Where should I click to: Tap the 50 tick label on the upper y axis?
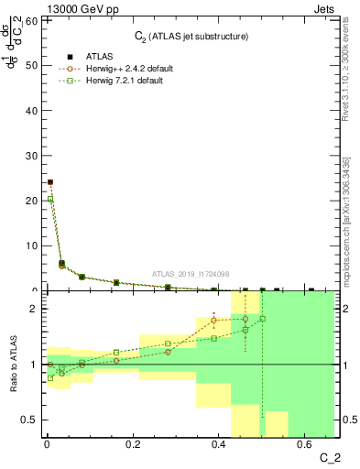pyautogui.click(x=29, y=65)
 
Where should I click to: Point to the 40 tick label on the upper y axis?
pyautogui.click(x=29, y=110)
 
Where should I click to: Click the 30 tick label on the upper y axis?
pyautogui.click(x=29, y=155)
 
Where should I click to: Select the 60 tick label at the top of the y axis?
pyautogui.click(x=29, y=20)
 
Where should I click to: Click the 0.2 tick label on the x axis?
pyautogui.click(x=133, y=445)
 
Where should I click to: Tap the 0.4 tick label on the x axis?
pyautogui.click(x=219, y=445)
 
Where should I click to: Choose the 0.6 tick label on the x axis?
pyautogui.click(x=305, y=445)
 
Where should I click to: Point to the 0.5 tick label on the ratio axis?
pyautogui.click(x=27, y=420)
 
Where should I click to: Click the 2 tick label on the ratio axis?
pyautogui.click(x=32, y=309)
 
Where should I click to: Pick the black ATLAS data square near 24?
pyautogui.click(x=50, y=182)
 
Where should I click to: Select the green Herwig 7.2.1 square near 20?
pyautogui.click(x=50, y=199)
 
